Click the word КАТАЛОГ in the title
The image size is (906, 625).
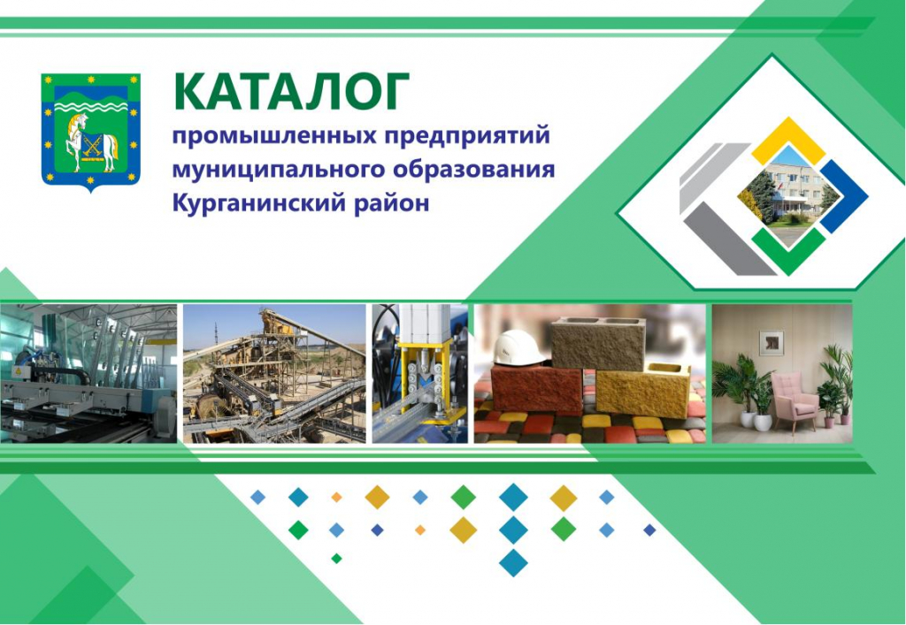(x=291, y=91)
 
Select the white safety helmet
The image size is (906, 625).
(x=518, y=348)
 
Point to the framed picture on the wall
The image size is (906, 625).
(x=771, y=343)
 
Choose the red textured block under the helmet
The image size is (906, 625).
(x=537, y=387)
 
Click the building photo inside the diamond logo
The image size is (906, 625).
(x=788, y=195)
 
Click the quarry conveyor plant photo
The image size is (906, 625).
(x=274, y=373)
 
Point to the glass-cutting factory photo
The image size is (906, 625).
(x=88, y=373)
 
